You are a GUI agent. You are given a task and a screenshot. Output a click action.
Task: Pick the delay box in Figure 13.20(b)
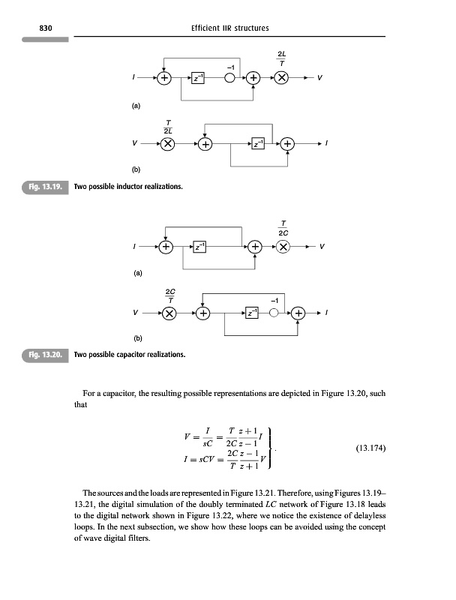click(252, 313)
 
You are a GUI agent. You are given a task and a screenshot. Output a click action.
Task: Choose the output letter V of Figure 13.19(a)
click(321, 78)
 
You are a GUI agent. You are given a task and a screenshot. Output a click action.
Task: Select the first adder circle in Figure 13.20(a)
click(166, 246)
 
